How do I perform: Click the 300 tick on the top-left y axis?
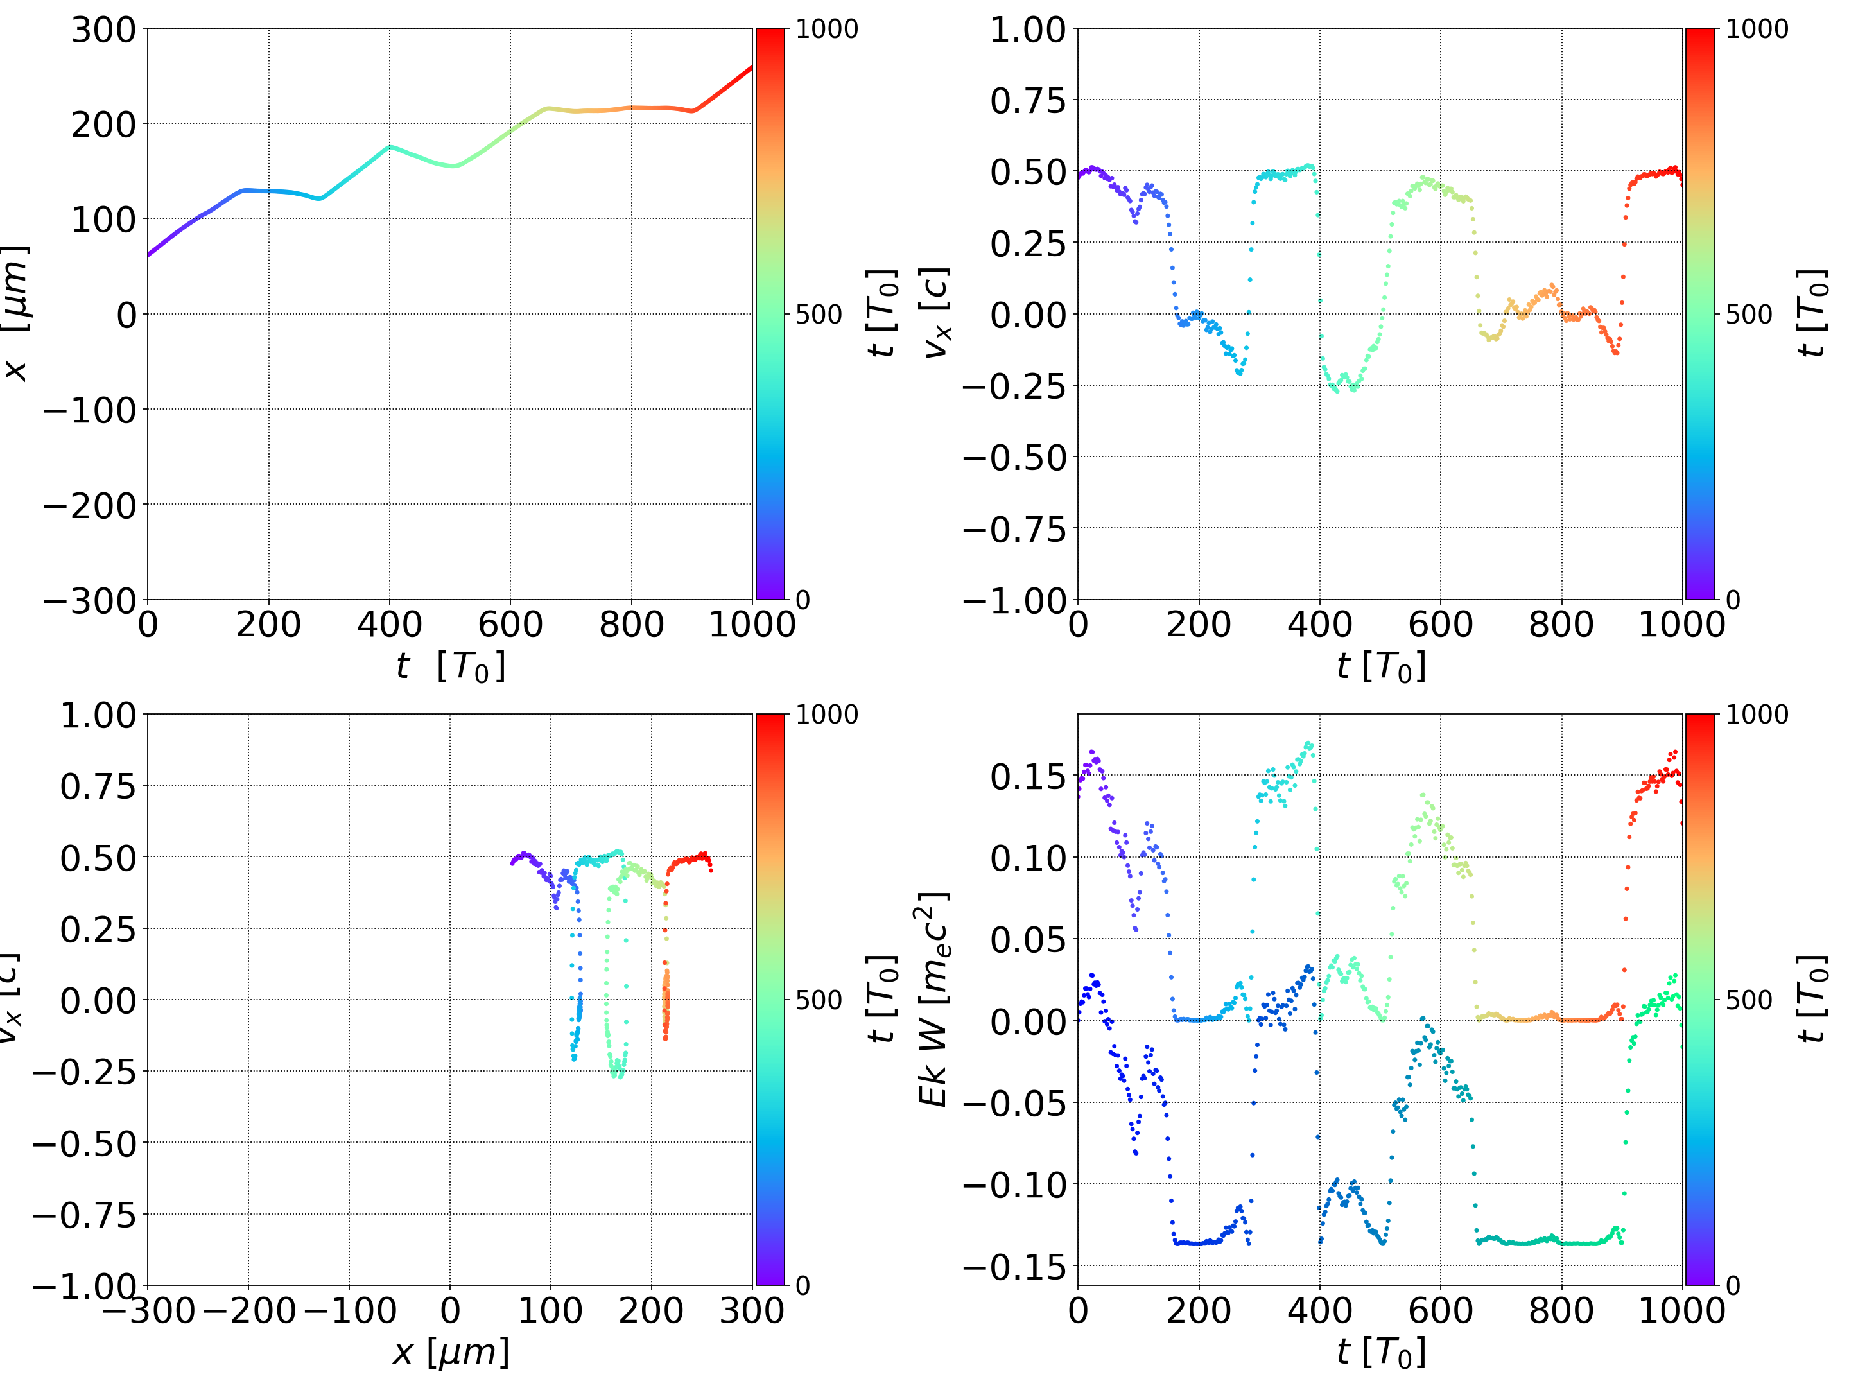[x=103, y=30]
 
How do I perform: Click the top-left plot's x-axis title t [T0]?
[x=451, y=666]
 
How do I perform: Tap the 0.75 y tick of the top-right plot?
[x=1028, y=101]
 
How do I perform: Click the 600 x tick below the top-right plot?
[x=1439, y=625]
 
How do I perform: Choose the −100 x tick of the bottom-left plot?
[x=349, y=1310]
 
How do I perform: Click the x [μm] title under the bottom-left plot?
[x=451, y=1352]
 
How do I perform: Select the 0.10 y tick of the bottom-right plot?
[x=1028, y=858]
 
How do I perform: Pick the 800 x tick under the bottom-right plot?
[x=1561, y=1310]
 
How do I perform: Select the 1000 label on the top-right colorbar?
[x=1757, y=30]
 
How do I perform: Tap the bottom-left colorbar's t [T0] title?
[x=883, y=999]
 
